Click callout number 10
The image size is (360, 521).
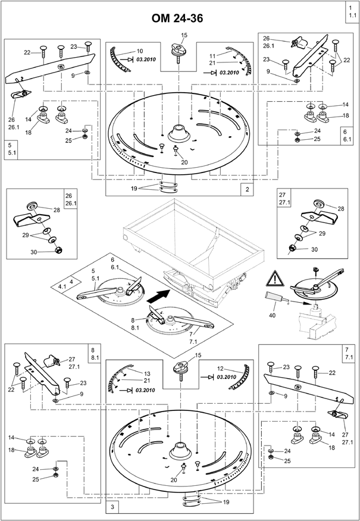tap(140, 52)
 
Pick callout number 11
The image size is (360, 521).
tap(212, 55)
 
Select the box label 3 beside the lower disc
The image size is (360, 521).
tap(112, 506)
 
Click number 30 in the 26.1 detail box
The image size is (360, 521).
tap(34, 252)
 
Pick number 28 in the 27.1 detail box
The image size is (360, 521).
tap(340, 208)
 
